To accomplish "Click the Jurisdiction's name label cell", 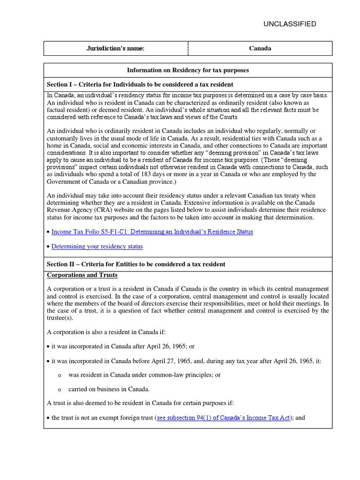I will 116,48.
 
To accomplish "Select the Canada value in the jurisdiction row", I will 260,48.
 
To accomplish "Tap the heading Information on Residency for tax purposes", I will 188,70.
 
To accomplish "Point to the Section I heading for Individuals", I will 140,84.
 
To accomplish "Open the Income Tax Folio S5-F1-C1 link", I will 152,232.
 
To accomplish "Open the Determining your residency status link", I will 97,246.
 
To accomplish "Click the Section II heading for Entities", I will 136,264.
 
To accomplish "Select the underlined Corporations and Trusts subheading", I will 82,275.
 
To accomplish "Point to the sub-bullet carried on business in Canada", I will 109,389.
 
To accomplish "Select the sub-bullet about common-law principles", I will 144,375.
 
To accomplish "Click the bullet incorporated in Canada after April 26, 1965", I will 122,346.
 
